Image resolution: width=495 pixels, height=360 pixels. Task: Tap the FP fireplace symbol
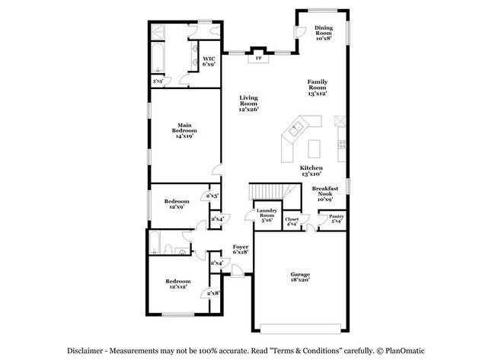[x=258, y=58]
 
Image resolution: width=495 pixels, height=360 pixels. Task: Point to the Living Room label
[x=249, y=103]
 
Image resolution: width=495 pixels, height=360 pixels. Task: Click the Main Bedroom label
[x=184, y=131]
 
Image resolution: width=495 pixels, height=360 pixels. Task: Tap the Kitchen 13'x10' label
[x=311, y=171]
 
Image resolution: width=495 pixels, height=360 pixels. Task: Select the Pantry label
[x=336, y=219]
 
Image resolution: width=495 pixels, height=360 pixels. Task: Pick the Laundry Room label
[x=265, y=215]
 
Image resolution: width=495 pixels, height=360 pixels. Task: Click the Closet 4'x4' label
[x=292, y=222]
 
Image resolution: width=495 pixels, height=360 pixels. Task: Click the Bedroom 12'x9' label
[x=177, y=203]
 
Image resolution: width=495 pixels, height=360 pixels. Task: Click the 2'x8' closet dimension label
[x=213, y=293]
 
